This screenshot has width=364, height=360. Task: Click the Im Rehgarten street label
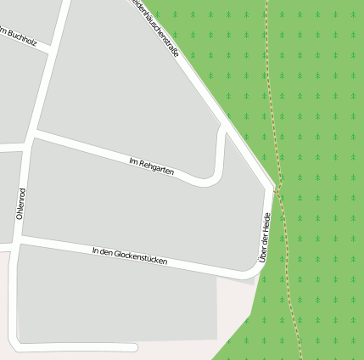[x=152, y=166]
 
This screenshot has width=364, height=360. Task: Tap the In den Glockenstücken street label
[x=130, y=256]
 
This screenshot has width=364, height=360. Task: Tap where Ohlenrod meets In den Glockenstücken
[x=18, y=242]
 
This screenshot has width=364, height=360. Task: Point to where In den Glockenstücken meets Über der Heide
[x=255, y=273]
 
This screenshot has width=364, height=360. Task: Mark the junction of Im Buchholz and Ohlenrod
[x=54, y=48]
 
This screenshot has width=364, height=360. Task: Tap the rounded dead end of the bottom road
[x=134, y=346]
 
